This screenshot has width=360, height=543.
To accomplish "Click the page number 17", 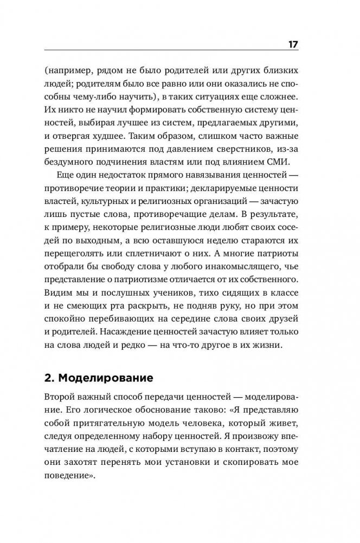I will click(x=292, y=44).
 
